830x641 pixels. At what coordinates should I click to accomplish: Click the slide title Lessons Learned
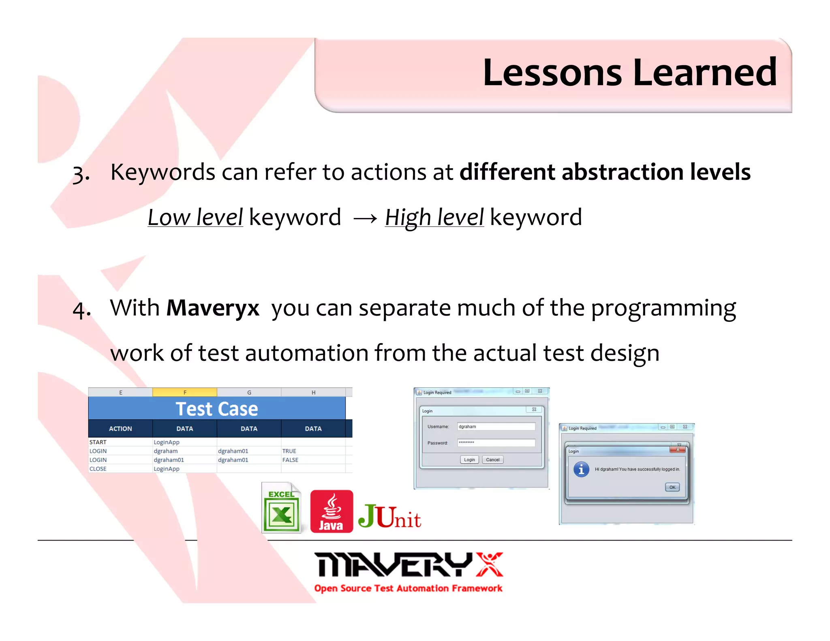coord(629,73)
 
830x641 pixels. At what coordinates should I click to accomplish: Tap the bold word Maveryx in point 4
coord(213,308)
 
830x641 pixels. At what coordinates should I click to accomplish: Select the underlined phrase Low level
coord(195,218)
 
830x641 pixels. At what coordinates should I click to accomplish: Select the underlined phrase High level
coord(434,218)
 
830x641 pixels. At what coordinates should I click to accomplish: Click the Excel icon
coord(281,507)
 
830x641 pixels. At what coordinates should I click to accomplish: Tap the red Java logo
coord(332,511)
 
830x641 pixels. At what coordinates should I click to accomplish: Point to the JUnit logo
coord(389,517)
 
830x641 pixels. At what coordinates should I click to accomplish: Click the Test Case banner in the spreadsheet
coord(217,408)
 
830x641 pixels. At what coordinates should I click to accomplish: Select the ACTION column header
coord(120,429)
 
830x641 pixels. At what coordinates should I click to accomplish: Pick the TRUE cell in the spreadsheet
coord(289,451)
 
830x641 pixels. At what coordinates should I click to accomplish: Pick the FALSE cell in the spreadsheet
coord(290,460)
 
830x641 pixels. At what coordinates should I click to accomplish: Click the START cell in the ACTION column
coord(98,442)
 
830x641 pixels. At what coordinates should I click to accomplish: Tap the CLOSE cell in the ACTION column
coord(98,469)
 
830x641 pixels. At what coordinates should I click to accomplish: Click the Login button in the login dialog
coord(469,459)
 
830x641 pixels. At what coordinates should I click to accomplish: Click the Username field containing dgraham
coord(496,426)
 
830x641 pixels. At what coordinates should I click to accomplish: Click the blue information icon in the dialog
coord(581,470)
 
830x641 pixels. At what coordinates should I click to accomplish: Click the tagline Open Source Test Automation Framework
coord(408,588)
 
